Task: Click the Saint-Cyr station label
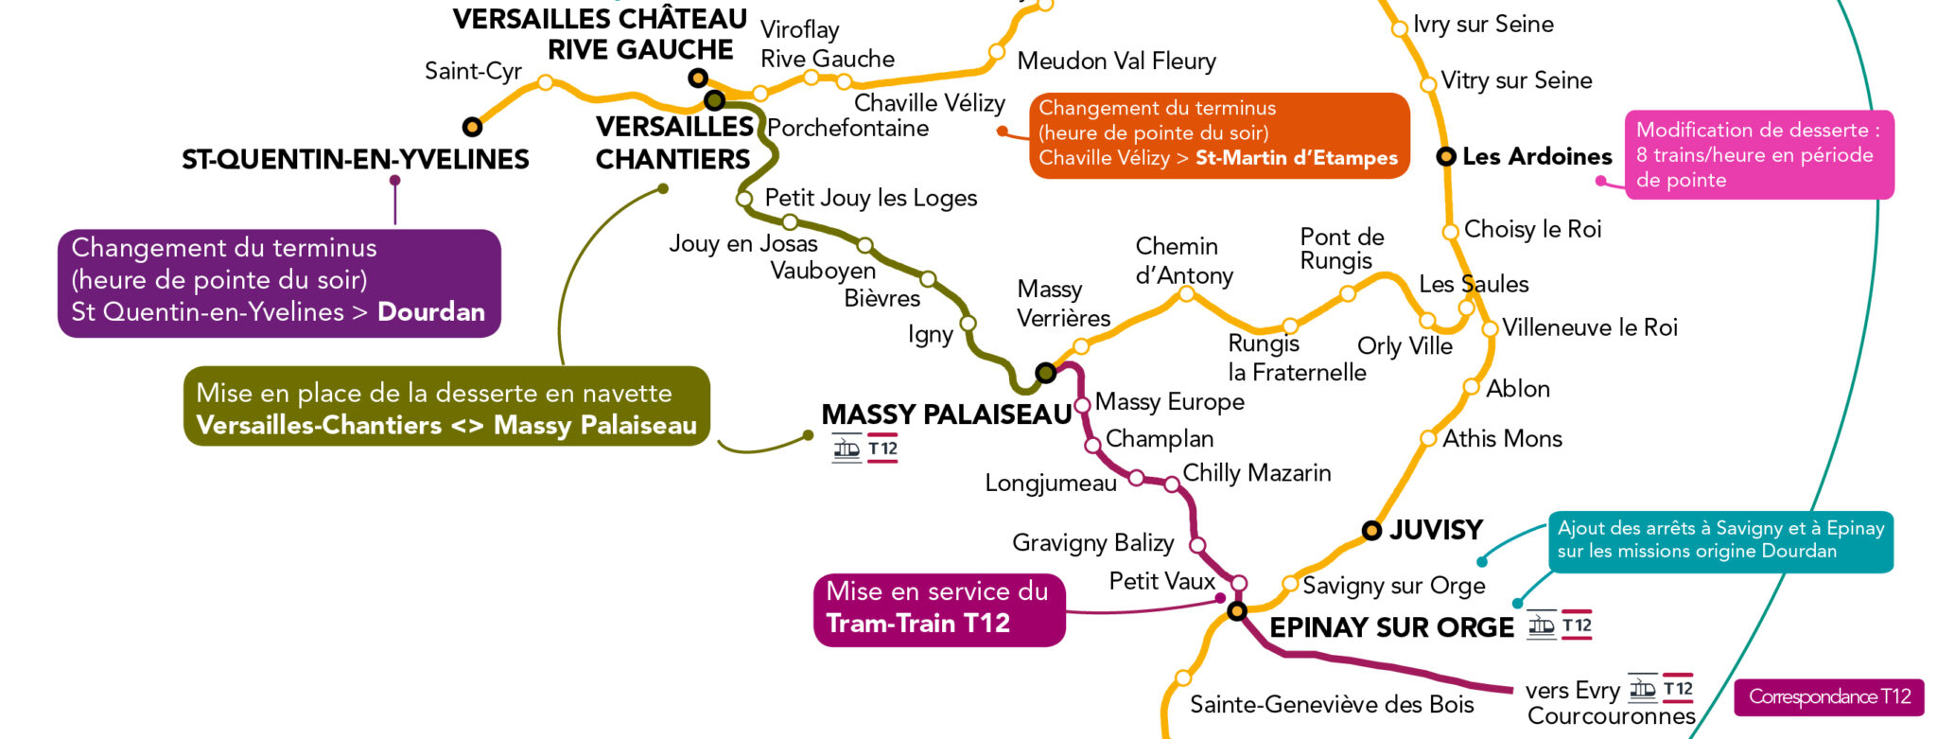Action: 473,71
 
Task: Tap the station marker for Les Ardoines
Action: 1446,156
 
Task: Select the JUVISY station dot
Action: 1371,531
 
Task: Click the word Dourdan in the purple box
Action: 431,312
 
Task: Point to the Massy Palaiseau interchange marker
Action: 1045,373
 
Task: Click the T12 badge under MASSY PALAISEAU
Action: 882,449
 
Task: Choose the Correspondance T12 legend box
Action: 1829,697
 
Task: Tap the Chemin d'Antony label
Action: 1183,260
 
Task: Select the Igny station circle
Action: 968,324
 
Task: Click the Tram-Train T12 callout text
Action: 917,624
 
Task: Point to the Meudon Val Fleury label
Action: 1116,62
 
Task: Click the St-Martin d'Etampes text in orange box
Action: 1296,158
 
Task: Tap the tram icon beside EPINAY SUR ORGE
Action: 1542,625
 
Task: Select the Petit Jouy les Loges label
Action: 870,198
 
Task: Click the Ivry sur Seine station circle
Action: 1400,29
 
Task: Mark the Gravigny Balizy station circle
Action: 1197,545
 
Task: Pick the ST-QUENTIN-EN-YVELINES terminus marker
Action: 472,127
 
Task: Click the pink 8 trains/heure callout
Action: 1758,155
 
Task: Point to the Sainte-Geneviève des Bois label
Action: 1331,705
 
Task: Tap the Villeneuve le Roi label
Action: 1589,328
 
